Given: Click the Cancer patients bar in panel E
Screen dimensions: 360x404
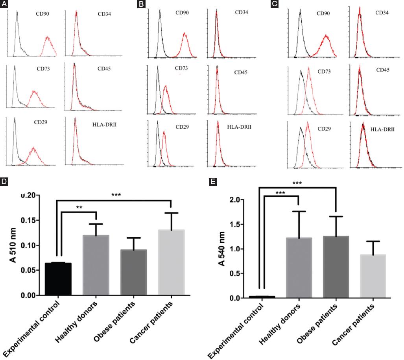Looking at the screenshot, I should point(373,276).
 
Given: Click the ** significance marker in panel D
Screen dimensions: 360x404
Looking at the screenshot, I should point(78,207).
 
